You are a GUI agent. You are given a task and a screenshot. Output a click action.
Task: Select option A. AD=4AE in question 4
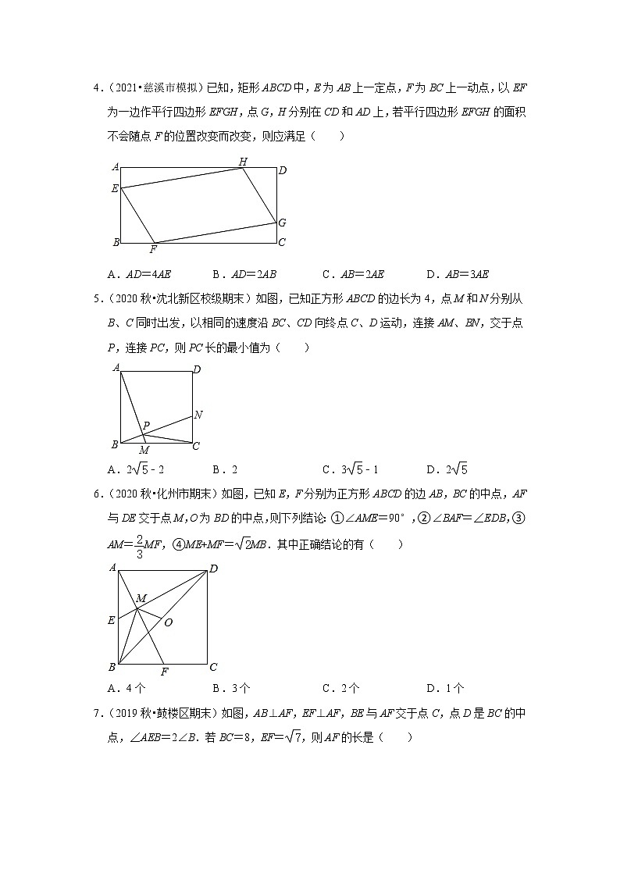pyautogui.click(x=141, y=274)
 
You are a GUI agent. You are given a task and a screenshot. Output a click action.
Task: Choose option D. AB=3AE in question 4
pyautogui.click(x=458, y=274)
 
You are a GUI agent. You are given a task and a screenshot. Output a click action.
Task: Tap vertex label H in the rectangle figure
pyautogui.click(x=243, y=161)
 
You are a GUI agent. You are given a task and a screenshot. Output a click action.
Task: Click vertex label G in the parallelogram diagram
pyautogui.click(x=282, y=223)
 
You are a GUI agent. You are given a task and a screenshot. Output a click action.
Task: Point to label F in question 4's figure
pyautogui.click(x=153, y=249)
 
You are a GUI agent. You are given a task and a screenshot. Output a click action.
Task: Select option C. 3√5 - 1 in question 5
pyautogui.click(x=351, y=469)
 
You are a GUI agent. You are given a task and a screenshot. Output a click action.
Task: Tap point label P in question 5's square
pyautogui.click(x=146, y=426)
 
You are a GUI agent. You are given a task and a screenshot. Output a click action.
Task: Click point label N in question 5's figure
pyautogui.click(x=198, y=415)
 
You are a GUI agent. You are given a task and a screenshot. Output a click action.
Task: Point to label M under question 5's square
pyautogui.click(x=144, y=451)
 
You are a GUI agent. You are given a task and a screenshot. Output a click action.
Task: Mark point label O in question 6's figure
pyautogui.click(x=168, y=622)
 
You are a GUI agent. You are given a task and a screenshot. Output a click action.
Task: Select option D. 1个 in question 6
pyautogui.click(x=445, y=688)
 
